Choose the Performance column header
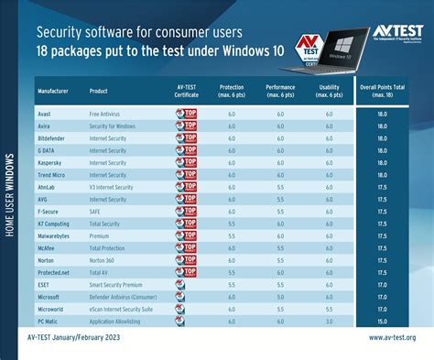[x=280, y=91]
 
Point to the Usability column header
[x=329, y=91]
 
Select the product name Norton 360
[x=105, y=260]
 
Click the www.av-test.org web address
[x=392, y=338]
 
